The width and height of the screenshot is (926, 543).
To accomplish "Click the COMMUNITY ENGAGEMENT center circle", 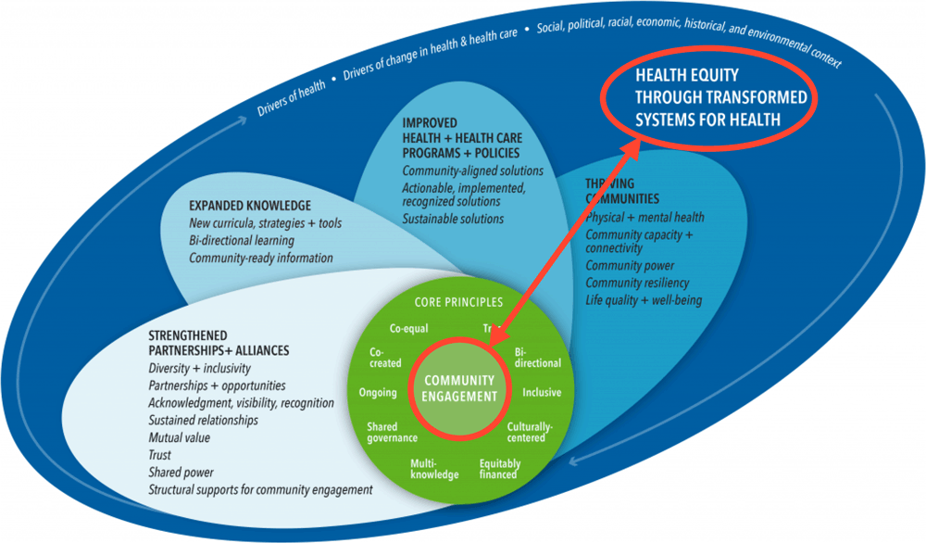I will coord(459,389).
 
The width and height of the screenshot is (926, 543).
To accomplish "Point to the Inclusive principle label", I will coord(542,393).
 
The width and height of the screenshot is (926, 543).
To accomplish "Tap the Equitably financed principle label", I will coord(500,469).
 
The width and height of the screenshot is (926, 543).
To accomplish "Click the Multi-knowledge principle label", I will coord(434,469).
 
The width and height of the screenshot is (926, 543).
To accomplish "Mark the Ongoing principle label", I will coord(378,393).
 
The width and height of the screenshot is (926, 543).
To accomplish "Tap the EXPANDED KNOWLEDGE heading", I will coord(250,206).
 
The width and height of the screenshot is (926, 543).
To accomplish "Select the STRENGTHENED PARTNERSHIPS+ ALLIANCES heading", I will coord(219,343).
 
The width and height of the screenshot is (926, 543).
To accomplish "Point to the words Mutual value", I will coord(180,436).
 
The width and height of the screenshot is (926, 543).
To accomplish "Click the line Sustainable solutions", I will coord(453,219).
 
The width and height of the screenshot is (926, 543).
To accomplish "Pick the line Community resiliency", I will coord(637,283).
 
